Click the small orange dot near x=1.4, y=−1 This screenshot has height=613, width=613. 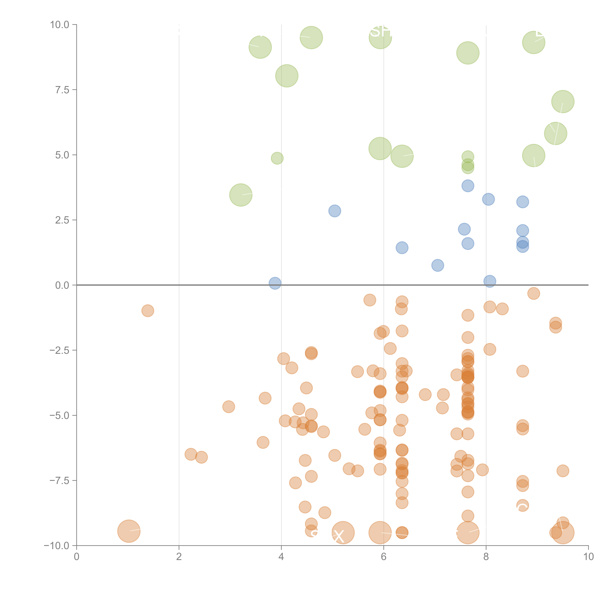point(147,311)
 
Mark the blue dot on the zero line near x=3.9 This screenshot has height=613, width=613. point(275,283)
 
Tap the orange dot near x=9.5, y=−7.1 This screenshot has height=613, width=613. point(563,471)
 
